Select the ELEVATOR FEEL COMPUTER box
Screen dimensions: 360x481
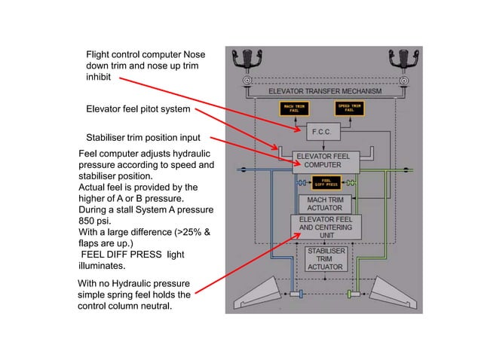point(326,161)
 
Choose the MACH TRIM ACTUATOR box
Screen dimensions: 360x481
point(324,204)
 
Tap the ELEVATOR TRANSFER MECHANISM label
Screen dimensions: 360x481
point(325,91)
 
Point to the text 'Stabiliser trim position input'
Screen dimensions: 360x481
point(142,138)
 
